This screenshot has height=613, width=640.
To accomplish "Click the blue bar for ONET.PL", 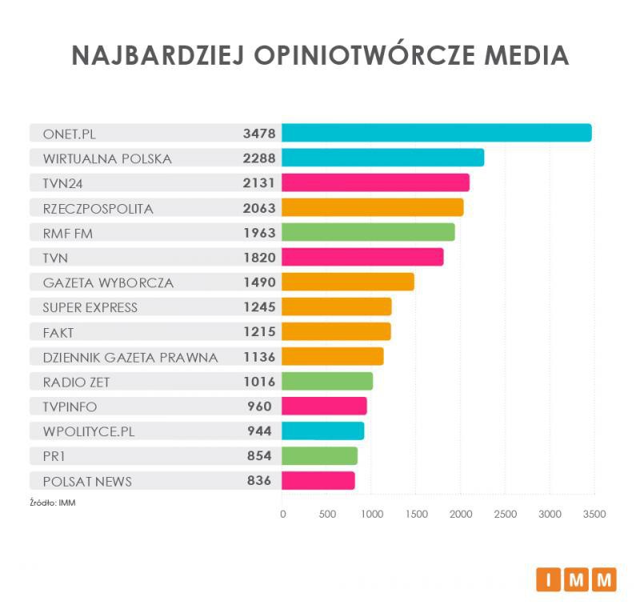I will pos(436,133).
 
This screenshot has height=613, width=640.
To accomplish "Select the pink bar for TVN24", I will pos(375,183).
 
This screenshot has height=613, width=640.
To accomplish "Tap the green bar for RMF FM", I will pos(368,232).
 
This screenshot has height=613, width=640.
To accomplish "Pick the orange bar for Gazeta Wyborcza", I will pos(348,282).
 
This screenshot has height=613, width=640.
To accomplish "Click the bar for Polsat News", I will pos(318,480).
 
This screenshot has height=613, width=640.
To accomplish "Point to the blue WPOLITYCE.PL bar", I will pos(323,431).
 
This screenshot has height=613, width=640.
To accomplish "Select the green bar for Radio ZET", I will pos(327,381).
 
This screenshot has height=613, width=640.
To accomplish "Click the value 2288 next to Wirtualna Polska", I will pos(259,158).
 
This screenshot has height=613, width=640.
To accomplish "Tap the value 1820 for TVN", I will pos(259,258).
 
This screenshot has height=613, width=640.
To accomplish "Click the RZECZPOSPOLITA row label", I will pos(98,208).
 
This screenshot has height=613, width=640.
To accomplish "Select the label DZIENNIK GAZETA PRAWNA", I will pos(130,357).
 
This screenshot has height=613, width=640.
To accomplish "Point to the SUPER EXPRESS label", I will pos(90,307).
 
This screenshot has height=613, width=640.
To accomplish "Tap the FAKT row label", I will pos(59,332).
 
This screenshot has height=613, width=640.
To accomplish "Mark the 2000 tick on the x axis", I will pos(460,515).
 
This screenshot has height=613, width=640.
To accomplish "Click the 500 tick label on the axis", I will pos(327,515).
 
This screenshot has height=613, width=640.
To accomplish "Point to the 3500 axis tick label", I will pos(594,515).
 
